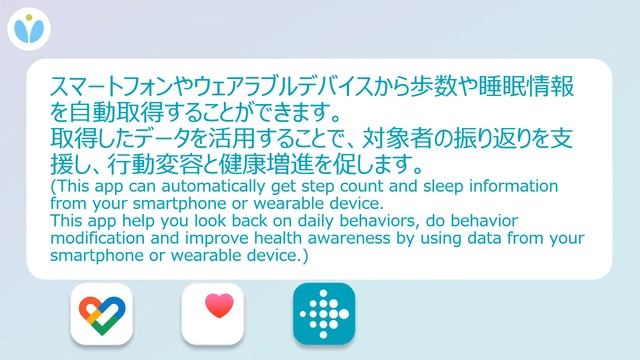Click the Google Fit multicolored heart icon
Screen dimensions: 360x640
(x=102, y=315)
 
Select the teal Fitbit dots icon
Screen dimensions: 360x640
(x=324, y=315)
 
